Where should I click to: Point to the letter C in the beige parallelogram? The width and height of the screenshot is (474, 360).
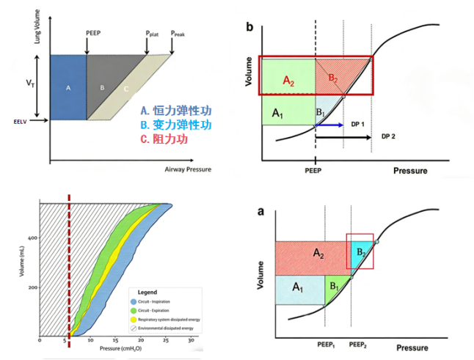125,89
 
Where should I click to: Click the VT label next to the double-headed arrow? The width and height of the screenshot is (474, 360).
29,85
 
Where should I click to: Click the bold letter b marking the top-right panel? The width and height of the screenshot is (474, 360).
249,28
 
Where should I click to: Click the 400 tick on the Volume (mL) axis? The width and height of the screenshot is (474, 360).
32,238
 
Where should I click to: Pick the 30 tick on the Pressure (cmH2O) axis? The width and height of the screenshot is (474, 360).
191,341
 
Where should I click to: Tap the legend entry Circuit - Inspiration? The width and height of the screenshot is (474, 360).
158,301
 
